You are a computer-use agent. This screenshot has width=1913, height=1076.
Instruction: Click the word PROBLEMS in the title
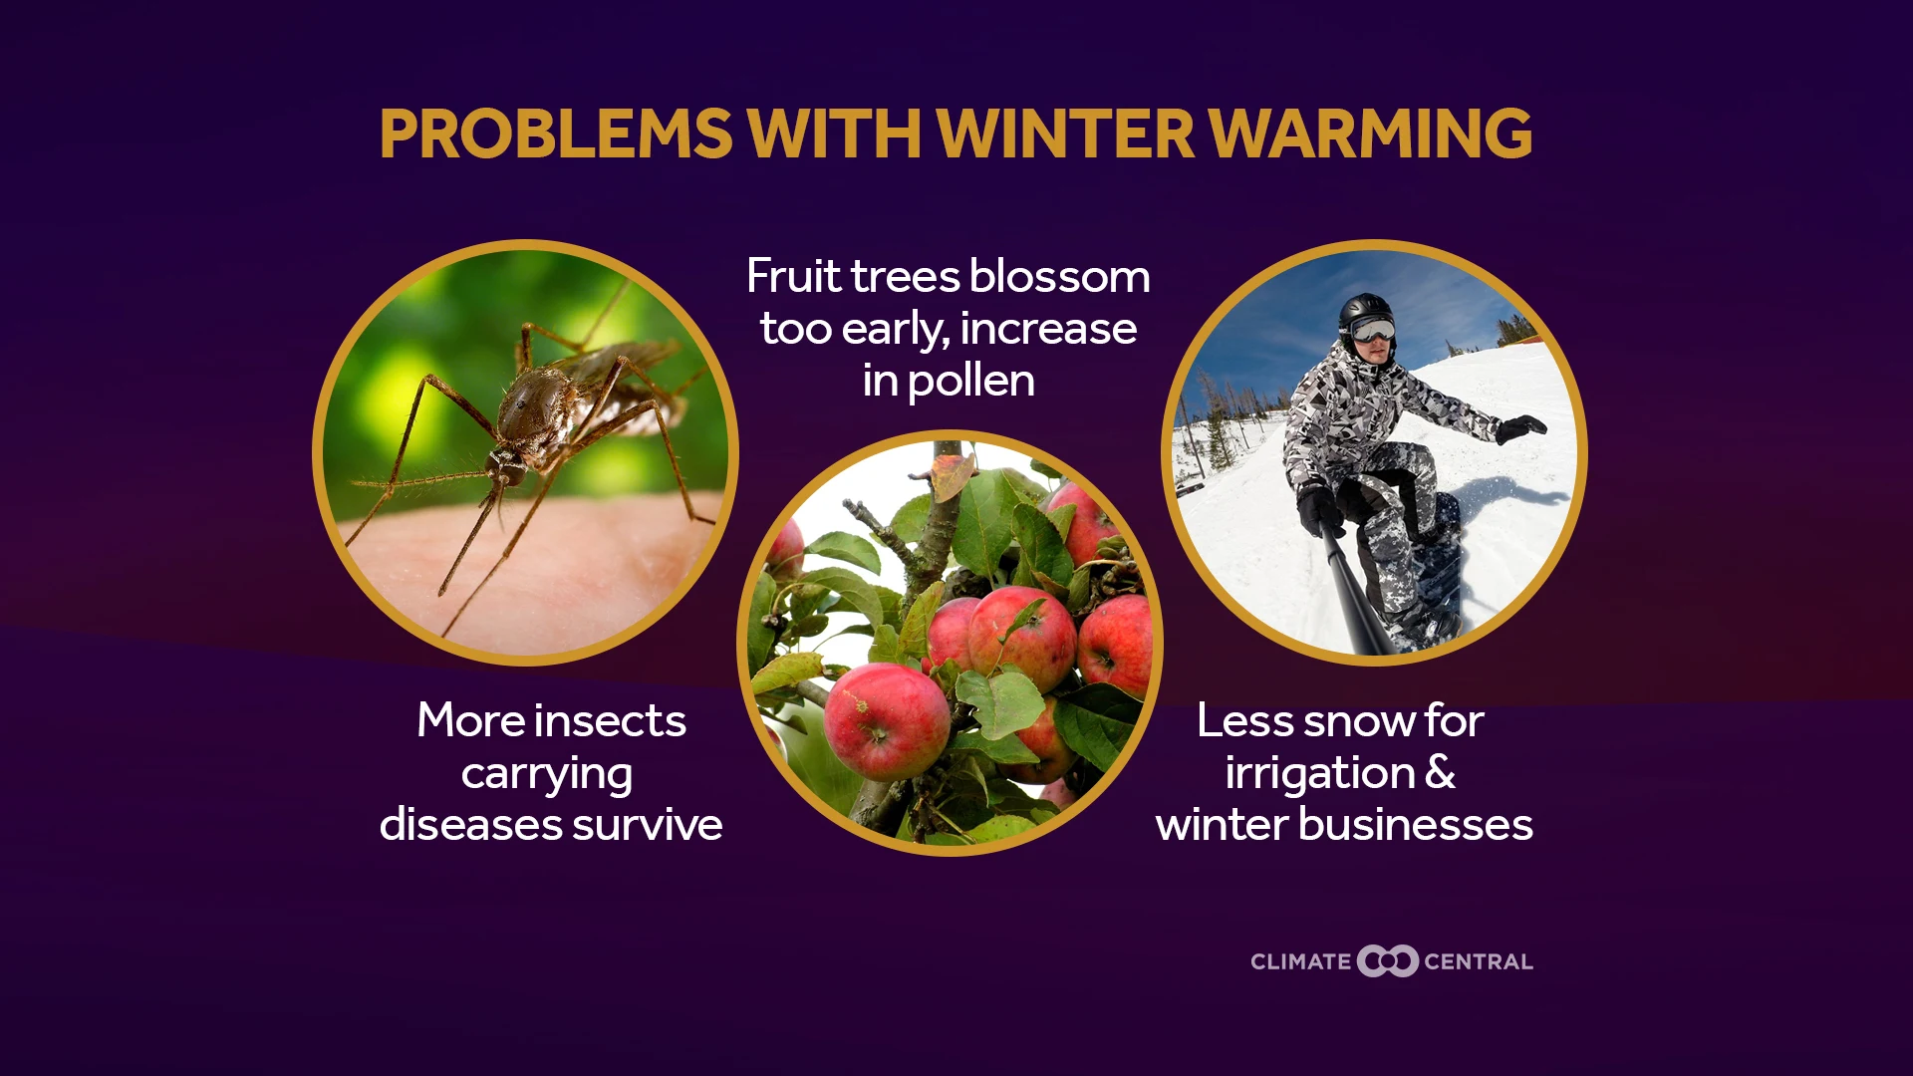coord(556,134)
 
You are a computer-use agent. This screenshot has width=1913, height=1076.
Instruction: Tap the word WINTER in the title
coord(1065,134)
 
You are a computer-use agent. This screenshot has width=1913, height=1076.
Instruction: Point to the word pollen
coord(971,381)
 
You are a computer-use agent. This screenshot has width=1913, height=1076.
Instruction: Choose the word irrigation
coord(1320,773)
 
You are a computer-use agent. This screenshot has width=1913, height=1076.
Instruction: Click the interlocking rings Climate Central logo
coord(1387,961)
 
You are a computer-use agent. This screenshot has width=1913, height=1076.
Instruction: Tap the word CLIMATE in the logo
coord(1300,962)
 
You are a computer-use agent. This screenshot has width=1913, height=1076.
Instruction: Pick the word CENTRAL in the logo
coord(1479,962)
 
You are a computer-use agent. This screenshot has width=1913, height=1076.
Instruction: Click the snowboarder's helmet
coord(1365,311)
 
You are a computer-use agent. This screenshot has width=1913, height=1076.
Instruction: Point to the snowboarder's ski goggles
coord(1374,330)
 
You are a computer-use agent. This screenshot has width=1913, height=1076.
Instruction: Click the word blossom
coord(1060,276)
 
